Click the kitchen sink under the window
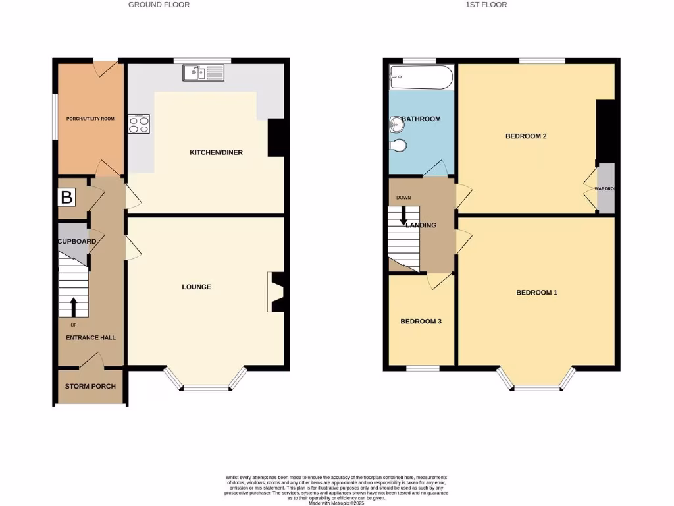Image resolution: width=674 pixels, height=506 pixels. (x=205, y=72)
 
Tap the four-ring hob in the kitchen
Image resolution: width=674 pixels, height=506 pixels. (x=139, y=124)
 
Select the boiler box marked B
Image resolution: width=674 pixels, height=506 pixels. (x=66, y=196)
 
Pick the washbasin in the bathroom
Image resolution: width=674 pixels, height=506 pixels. (x=396, y=124)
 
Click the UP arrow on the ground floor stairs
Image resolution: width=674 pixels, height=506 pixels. (x=73, y=307)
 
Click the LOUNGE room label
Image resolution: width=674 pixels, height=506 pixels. (x=197, y=287)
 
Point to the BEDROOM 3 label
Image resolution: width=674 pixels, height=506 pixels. (x=421, y=322)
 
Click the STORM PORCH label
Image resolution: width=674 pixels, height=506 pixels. (x=90, y=386)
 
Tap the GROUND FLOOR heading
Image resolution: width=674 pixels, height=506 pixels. (x=159, y=5)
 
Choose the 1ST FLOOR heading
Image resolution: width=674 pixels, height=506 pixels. (x=486, y=5)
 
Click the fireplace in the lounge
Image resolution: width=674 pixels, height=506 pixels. (x=275, y=292)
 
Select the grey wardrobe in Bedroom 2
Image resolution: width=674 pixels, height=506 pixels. (x=606, y=188)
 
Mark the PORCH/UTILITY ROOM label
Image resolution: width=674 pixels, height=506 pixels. (x=90, y=119)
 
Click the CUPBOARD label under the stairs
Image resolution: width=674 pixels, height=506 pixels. (x=77, y=242)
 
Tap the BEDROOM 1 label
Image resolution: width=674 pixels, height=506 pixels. (x=536, y=293)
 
